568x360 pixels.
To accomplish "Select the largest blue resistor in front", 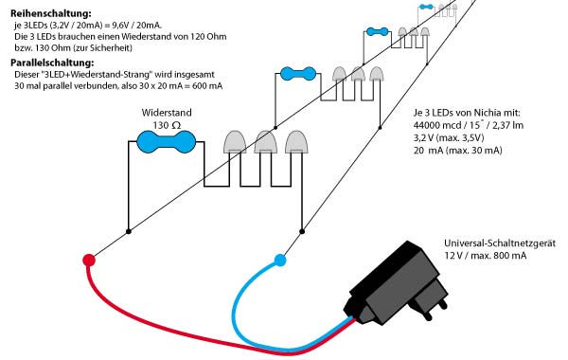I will click(x=165, y=141).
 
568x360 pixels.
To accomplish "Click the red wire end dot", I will click(x=89, y=260).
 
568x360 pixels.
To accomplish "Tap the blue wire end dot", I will click(x=279, y=260).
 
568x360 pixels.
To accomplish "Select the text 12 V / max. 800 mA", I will click(x=485, y=258).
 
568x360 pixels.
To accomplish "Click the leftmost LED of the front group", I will click(x=234, y=142).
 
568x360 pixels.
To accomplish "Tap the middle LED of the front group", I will click(x=265, y=142).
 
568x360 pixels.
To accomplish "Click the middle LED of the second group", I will click(x=358, y=74).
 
